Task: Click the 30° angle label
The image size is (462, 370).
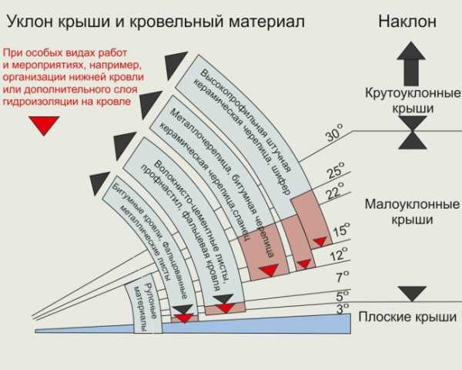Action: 333,136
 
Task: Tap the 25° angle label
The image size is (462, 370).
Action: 335,171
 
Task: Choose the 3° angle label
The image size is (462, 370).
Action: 343,310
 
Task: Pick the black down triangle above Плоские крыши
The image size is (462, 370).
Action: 413,292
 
